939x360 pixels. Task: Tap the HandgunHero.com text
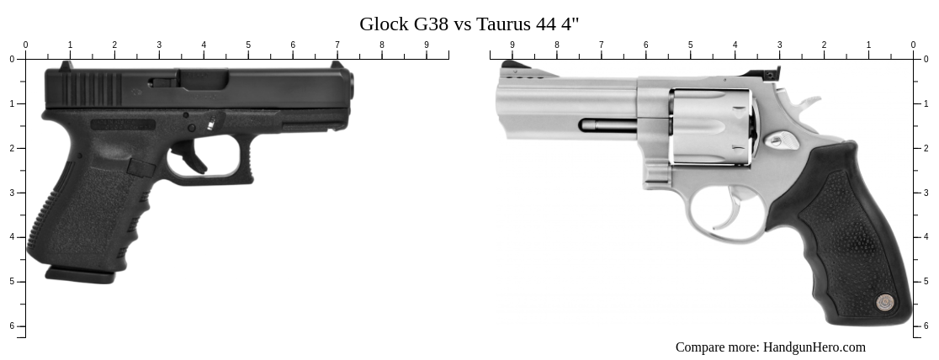tap(814, 347)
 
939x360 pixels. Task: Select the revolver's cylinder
tap(711, 125)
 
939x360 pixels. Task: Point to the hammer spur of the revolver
tap(809, 104)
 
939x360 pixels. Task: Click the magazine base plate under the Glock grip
tap(80, 274)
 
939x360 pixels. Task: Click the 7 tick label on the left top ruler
tap(337, 45)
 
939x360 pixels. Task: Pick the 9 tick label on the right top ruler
tap(512, 45)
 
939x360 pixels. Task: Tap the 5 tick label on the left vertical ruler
tap(12, 282)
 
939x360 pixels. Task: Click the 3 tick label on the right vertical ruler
tap(926, 193)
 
